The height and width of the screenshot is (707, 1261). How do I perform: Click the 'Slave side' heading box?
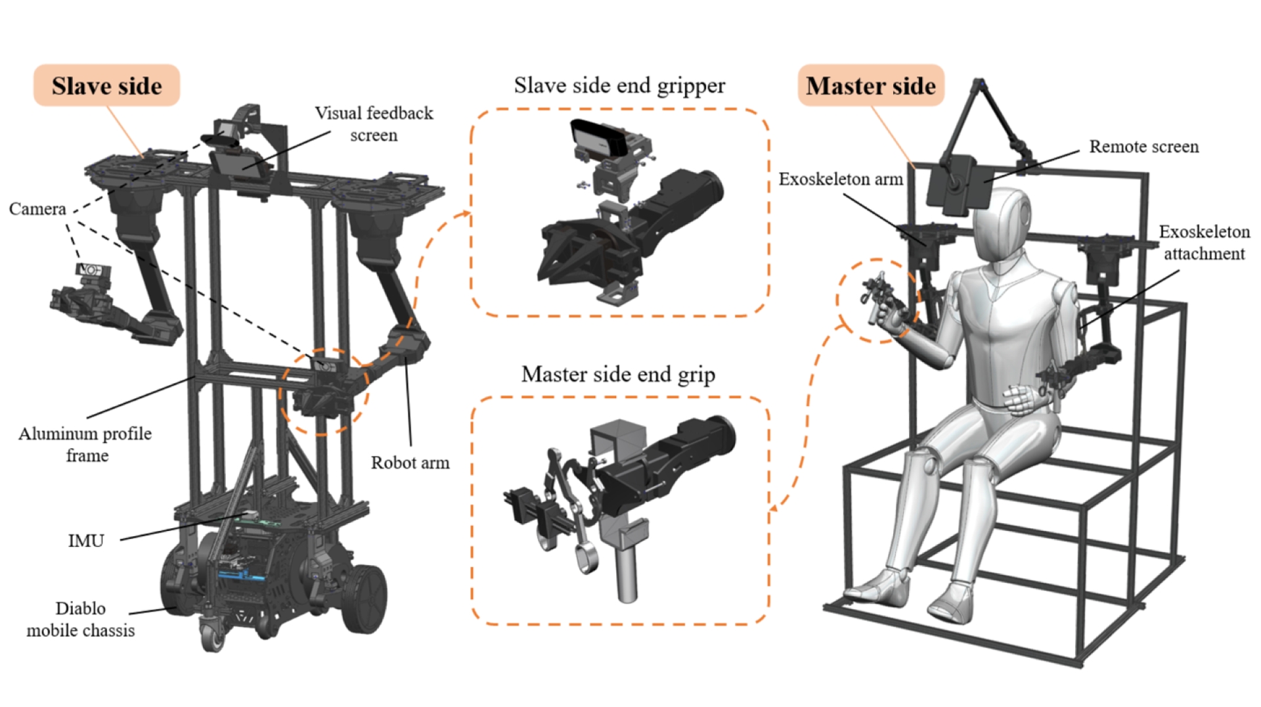pyautogui.click(x=106, y=85)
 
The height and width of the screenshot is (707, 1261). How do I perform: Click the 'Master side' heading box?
pyautogui.click(x=870, y=85)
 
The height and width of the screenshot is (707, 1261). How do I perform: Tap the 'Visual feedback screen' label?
pyautogui.click(x=374, y=124)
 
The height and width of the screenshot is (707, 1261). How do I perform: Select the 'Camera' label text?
pyautogui.click(x=37, y=209)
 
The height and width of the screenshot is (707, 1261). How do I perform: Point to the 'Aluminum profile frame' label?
pyautogui.click(x=85, y=444)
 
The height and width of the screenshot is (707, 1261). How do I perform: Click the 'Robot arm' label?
pyautogui.click(x=410, y=463)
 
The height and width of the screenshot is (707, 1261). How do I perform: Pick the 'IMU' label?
pyautogui.click(x=86, y=541)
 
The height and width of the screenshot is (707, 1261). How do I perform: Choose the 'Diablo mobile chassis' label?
pyautogui.click(x=81, y=619)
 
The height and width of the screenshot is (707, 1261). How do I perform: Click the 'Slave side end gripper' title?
pyautogui.click(x=619, y=85)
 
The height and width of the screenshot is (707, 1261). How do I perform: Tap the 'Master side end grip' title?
pyautogui.click(x=618, y=374)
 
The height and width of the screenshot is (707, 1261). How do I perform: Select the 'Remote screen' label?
pyautogui.click(x=1143, y=147)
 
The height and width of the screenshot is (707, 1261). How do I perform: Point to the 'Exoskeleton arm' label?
pyautogui.click(x=841, y=179)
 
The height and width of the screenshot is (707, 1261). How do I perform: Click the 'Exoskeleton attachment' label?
pyautogui.click(x=1204, y=242)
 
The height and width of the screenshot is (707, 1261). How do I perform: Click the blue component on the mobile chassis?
pyautogui.click(x=240, y=576)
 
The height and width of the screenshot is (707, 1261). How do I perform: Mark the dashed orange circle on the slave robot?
pyautogui.click(x=323, y=392)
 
